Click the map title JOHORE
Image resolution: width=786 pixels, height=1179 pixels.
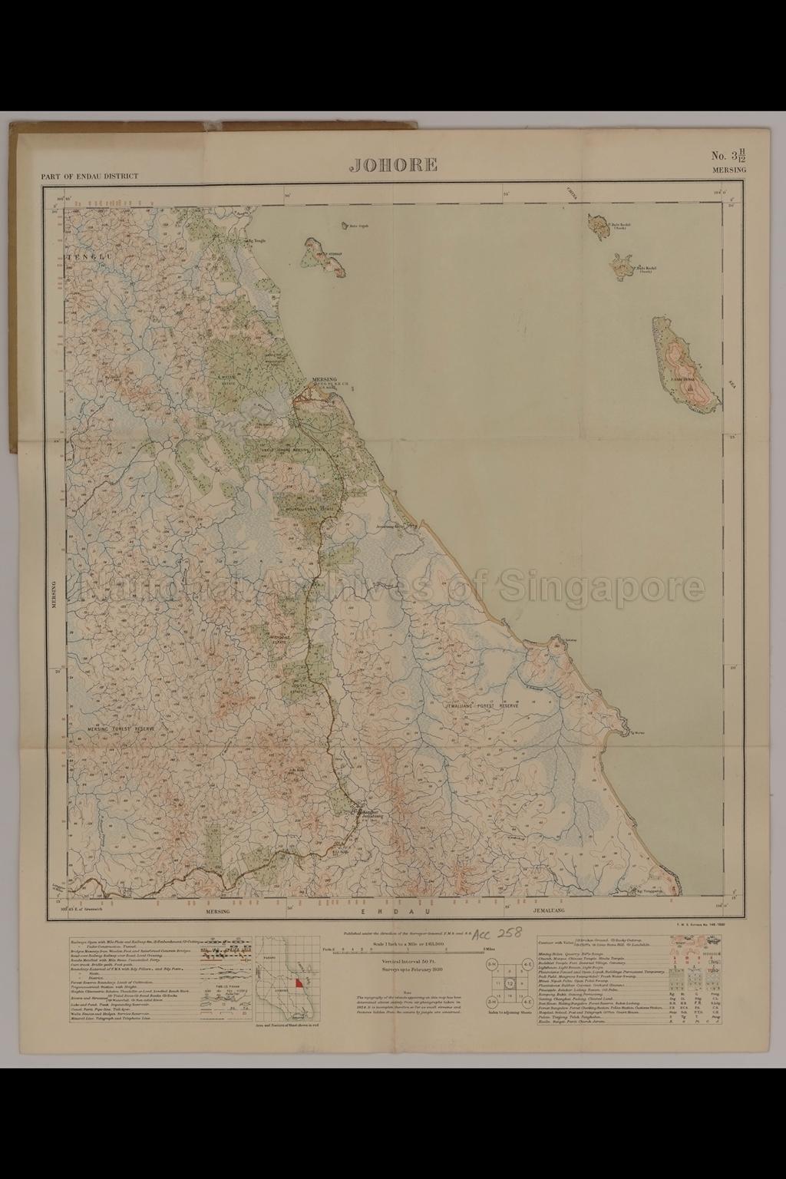[394, 164]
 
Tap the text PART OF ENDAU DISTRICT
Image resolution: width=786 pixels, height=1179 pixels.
[90, 176]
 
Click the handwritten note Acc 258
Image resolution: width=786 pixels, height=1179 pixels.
[497, 933]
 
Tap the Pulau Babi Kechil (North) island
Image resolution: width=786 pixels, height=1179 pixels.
[596, 225]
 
